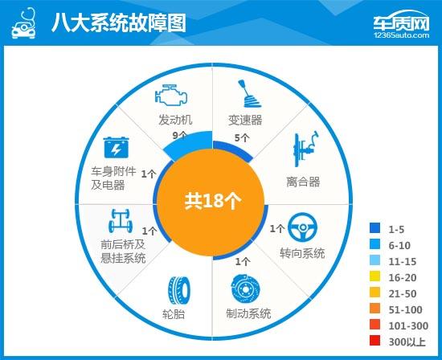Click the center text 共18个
pos(213,200)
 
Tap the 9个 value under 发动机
pos(179,135)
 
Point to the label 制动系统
pos(243,313)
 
